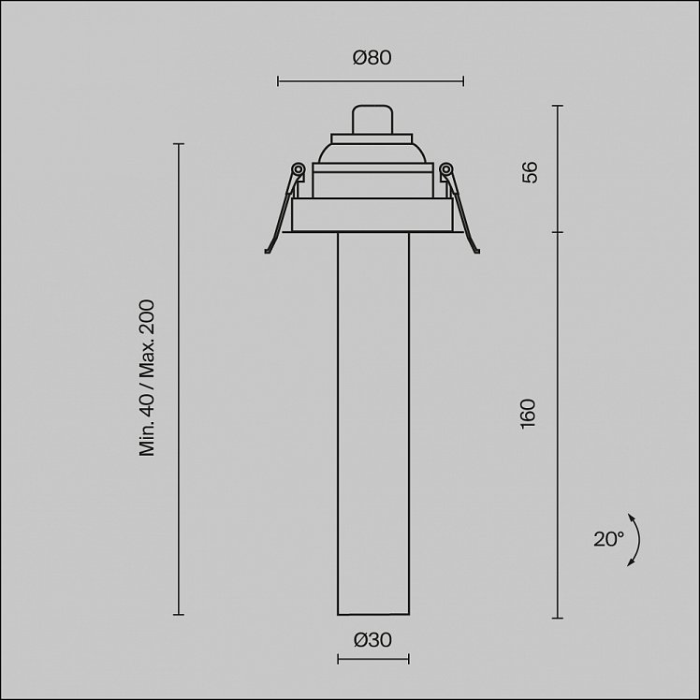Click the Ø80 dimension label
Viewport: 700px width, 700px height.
[x=372, y=58]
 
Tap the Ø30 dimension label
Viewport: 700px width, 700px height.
[x=372, y=640]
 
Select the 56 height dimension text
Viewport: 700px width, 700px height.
[x=530, y=172]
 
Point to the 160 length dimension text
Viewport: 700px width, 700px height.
[x=528, y=414]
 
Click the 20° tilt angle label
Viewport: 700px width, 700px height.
[x=608, y=539]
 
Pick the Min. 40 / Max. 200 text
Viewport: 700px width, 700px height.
[x=147, y=378]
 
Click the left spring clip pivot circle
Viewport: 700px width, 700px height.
[x=298, y=169]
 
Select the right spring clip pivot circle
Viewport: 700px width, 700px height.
[x=445, y=169]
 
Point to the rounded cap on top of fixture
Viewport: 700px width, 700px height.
[x=372, y=119]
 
